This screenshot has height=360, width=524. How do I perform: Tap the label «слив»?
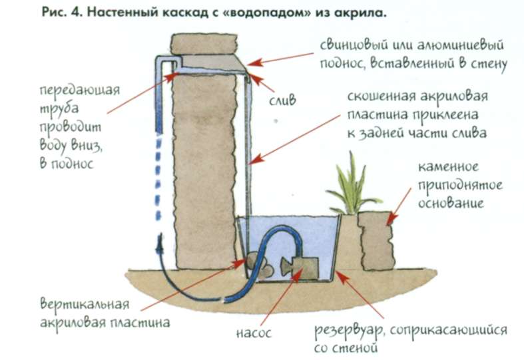click(283, 100)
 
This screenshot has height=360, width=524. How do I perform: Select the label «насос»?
click(253, 333)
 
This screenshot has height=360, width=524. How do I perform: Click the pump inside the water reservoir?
click(300, 268)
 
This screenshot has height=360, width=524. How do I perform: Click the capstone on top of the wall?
click(204, 44)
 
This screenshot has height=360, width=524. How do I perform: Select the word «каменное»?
click(448, 166)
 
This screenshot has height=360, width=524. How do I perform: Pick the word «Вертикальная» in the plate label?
click(85, 304)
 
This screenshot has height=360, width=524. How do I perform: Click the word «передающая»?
click(80, 91)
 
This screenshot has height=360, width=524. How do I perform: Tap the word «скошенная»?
click(380, 97)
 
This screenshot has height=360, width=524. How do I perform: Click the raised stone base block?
click(376, 241)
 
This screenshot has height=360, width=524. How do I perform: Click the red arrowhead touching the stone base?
click(392, 220)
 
